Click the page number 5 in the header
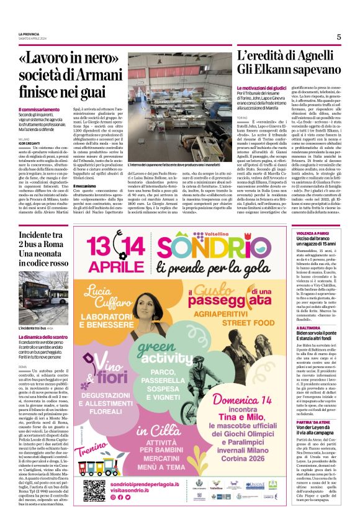(339, 37)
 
